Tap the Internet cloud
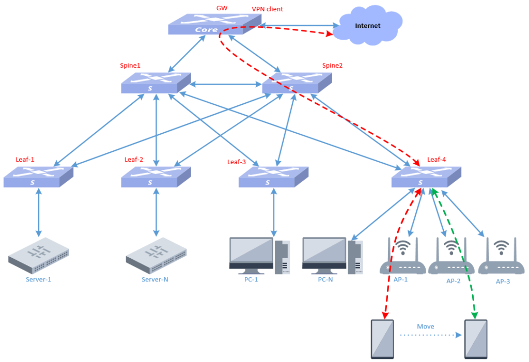point(367,26)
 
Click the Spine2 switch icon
point(297,83)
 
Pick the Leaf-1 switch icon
point(38,177)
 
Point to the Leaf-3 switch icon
point(273,177)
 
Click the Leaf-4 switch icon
point(426,177)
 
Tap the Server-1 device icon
point(39,255)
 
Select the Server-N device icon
point(156,255)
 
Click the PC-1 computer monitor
point(252,254)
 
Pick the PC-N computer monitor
point(324,254)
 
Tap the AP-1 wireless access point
point(402,258)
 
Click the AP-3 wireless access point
point(501,258)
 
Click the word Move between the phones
point(426,326)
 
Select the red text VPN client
point(267,9)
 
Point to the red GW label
point(221,9)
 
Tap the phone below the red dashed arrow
point(383,339)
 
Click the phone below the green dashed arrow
point(476,339)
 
